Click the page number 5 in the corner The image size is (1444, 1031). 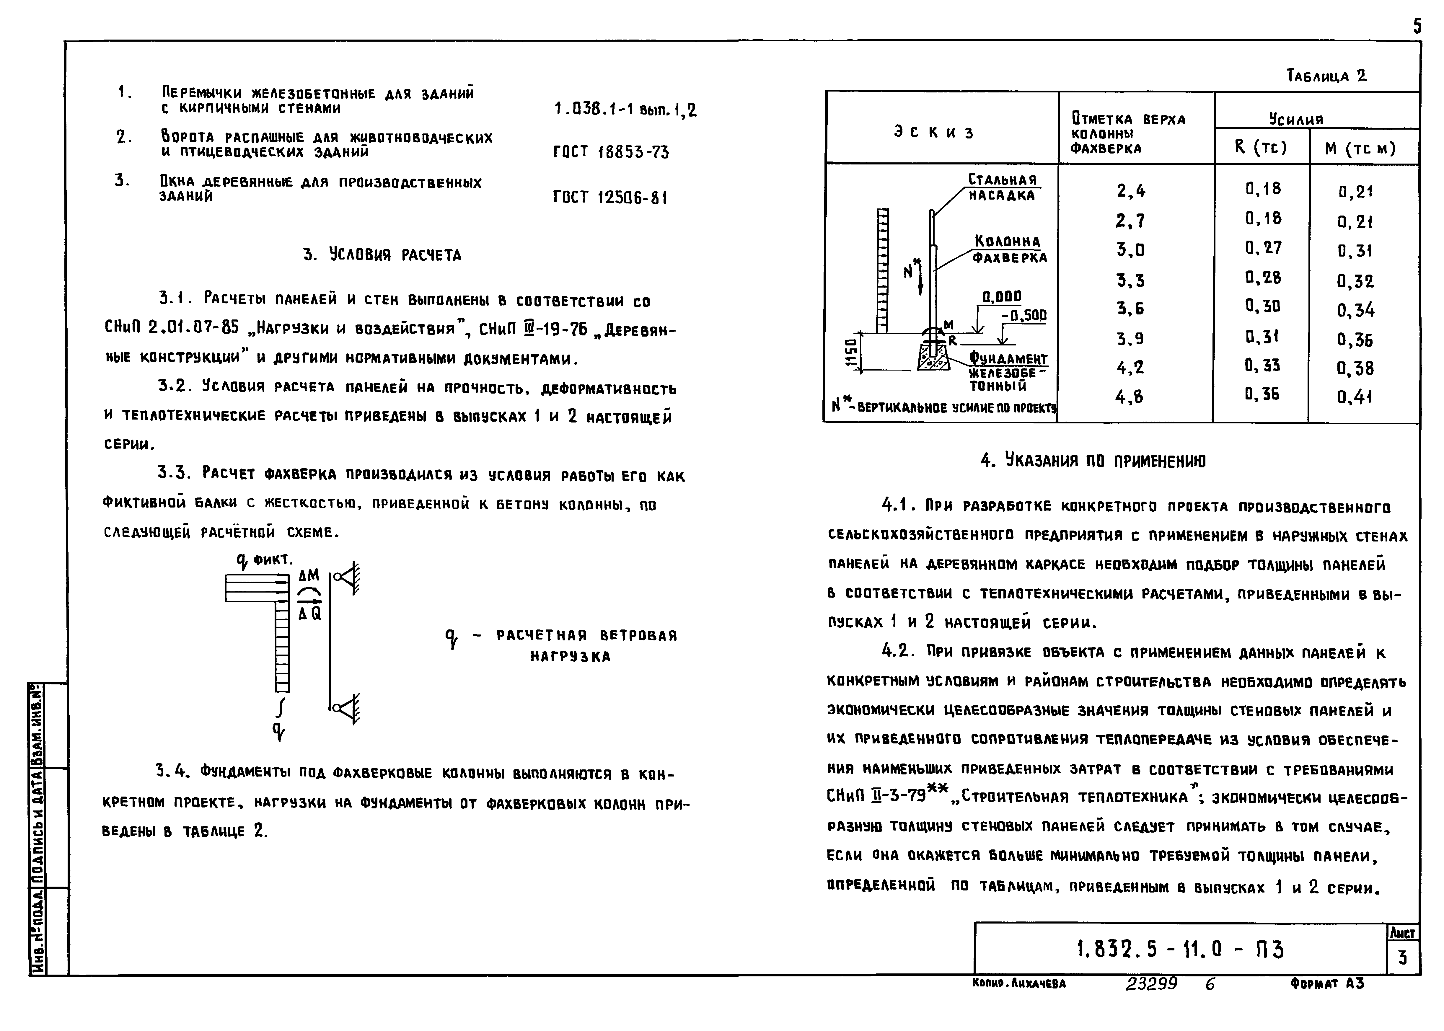tap(1417, 27)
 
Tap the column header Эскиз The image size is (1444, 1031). tap(933, 132)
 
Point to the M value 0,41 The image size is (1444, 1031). tap(1355, 397)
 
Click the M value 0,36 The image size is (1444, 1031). tap(1355, 340)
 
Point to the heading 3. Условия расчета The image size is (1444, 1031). tap(382, 255)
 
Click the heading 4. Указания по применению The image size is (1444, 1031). tap(1092, 461)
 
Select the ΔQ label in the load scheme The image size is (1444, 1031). tap(310, 613)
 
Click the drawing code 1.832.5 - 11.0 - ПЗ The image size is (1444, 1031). tap(1180, 950)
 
